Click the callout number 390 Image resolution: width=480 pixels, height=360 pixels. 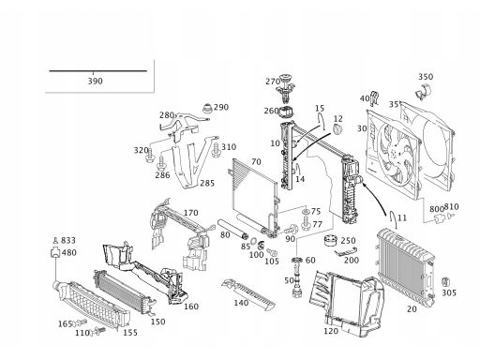[95, 81]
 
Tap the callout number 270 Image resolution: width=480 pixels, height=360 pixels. [273, 82]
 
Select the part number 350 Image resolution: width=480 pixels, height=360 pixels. [426, 77]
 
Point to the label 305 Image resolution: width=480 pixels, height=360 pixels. [449, 292]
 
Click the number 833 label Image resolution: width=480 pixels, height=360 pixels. [68, 240]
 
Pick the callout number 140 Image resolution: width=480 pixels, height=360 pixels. [241, 303]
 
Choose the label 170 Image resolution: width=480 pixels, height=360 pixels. [190, 213]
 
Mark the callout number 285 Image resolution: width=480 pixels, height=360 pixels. [207, 183]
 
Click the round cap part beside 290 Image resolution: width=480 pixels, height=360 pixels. [207, 109]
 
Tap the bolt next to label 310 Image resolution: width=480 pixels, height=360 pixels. [216, 150]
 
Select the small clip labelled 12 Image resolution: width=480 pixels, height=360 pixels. [337, 128]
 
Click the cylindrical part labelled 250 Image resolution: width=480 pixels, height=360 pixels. [330, 240]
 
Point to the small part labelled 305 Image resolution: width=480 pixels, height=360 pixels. [445, 282]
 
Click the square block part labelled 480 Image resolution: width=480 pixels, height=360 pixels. [55, 252]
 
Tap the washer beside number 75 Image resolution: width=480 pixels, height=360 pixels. [306, 212]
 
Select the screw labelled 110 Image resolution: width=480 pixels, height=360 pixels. [98, 331]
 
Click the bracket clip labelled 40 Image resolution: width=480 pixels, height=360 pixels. [374, 98]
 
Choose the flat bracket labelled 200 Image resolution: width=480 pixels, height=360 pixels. [346, 252]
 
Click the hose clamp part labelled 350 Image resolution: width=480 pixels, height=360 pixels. [423, 92]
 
